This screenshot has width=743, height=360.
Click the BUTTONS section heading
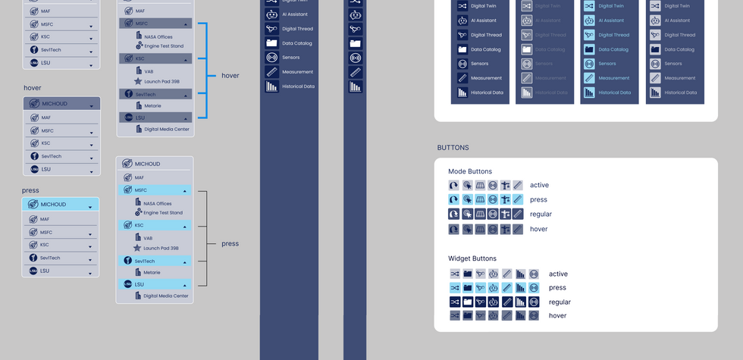453,148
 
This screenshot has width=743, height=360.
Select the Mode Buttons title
470,171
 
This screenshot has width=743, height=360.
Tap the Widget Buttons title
472,258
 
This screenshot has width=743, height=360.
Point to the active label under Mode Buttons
539,185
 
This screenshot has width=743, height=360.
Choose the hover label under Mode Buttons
538,229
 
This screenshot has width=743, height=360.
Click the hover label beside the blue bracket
230,76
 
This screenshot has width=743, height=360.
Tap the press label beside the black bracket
230,244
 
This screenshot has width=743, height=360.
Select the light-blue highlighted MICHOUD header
61,205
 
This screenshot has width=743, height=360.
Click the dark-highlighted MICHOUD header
61,103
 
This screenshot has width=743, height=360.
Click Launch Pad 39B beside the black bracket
161,248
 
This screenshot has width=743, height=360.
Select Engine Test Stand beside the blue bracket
163,45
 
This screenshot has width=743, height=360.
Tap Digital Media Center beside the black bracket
165,296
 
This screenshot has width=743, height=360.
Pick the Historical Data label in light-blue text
614,92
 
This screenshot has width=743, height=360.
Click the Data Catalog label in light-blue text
613,49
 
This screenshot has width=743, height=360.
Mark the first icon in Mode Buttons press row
453,199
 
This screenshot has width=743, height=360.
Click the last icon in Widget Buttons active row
533,274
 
